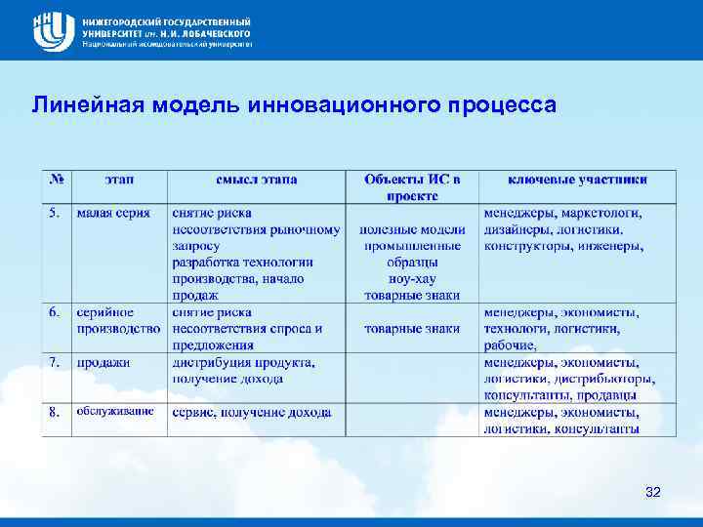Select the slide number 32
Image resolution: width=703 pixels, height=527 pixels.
point(653,492)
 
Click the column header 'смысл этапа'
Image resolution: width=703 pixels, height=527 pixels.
point(257,180)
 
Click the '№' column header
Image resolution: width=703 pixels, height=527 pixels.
point(57,180)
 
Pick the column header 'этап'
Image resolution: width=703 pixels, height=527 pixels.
point(120,180)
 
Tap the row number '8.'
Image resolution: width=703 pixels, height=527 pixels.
point(56,412)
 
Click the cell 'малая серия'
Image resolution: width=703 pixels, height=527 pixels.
point(109,213)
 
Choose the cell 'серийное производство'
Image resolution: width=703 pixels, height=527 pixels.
point(118,320)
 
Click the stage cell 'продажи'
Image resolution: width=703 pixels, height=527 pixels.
point(103,362)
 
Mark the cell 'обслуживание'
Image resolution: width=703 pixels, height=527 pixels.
point(115,412)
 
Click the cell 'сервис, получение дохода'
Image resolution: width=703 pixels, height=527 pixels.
point(251,412)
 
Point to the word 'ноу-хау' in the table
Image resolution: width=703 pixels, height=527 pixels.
point(412,279)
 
